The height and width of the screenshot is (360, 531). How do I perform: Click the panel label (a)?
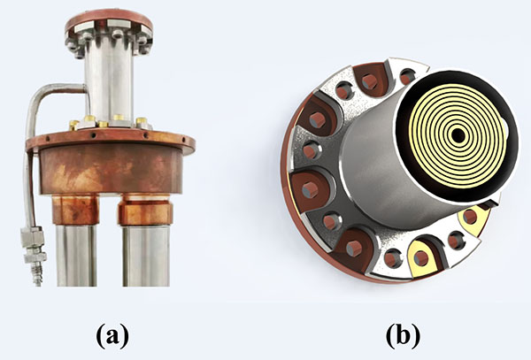[x=112, y=335]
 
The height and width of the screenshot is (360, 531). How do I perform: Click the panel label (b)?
[x=403, y=335]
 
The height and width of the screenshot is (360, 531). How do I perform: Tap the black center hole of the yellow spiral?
[x=458, y=135]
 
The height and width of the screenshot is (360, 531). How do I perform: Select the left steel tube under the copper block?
[x=76, y=256]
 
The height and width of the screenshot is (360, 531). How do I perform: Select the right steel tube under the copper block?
[x=146, y=256]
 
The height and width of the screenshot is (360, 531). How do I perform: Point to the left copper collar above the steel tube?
[x=75, y=210]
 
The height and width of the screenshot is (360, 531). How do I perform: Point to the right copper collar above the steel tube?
[x=145, y=211]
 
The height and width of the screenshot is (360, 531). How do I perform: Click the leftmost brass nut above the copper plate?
[x=74, y=125]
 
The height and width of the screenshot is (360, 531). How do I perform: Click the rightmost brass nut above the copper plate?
[x=142, y=122]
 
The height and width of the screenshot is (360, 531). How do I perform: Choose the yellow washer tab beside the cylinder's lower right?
[x=473, y=218]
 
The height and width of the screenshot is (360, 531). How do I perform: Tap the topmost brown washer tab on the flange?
[x=371, y=80]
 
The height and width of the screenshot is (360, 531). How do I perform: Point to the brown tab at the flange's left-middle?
[x=311, y=188]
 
